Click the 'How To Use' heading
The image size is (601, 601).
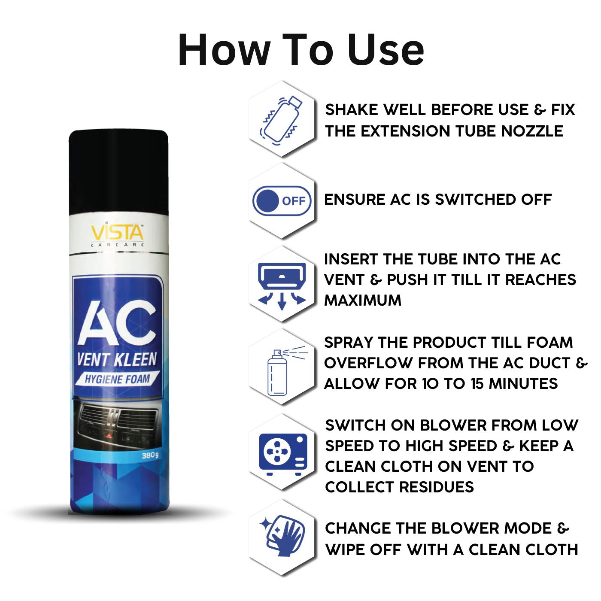[x=300, y=50]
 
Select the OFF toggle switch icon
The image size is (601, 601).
[x=282, y=201]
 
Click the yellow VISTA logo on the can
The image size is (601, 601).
[x=117, y=233]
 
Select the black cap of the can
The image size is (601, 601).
[x=118, y=172]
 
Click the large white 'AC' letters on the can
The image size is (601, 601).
[x=117, y=323]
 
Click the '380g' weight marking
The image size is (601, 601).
[x=150, y=455]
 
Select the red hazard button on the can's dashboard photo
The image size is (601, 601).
[x=109, y=436]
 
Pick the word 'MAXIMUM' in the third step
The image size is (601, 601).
[x=363, y=300]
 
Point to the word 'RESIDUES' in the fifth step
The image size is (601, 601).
[x=436, y=487]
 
